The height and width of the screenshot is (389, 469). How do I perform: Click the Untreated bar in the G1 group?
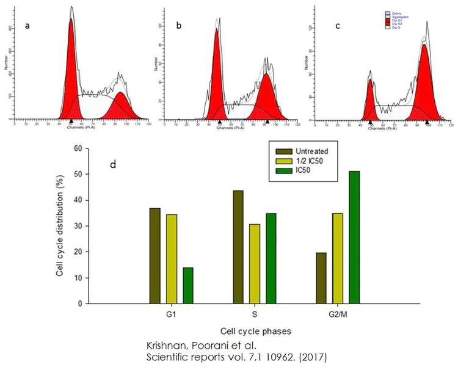click(x=155, y=256)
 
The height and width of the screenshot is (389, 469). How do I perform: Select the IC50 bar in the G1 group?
click(x=188, y=285)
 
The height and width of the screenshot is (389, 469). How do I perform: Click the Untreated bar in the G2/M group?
click(x=322, y=278)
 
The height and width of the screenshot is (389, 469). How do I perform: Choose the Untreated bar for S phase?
click(x=238, y=247)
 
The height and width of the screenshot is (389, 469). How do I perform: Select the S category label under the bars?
click(x=254, y=315)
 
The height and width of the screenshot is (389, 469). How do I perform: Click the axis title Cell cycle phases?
click(x=254, y=331)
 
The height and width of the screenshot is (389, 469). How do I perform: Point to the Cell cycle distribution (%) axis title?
click(x=60, y=225)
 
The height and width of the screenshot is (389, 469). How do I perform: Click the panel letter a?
click(x=27, y=26)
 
